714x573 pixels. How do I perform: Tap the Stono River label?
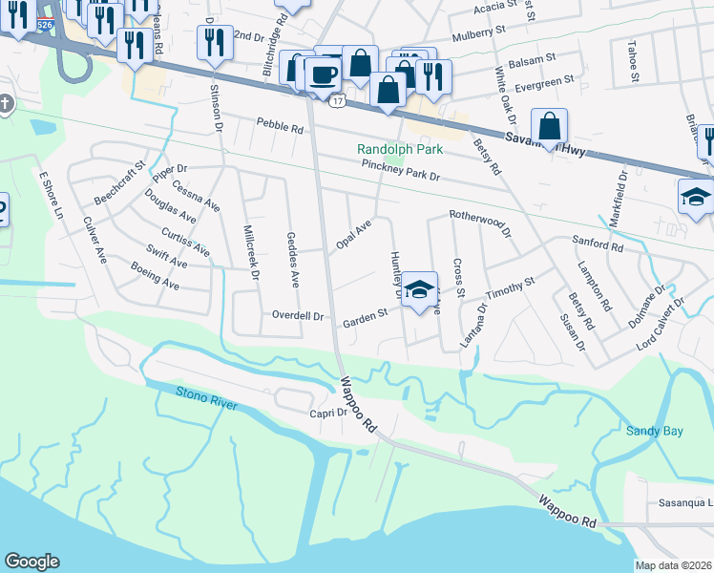pos(205,398)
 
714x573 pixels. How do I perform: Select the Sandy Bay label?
pos(655,431)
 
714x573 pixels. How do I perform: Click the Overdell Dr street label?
pos(299,314)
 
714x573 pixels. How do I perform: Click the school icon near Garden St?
pos(418,290)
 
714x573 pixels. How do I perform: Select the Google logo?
pos(31,562)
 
